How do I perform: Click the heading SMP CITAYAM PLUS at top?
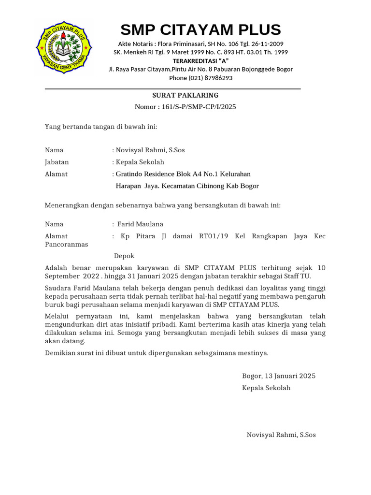click(200, 30)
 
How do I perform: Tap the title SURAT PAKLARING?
click(185, 95)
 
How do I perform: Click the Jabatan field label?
click(57, 162)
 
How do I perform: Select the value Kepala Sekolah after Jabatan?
click(140, 162)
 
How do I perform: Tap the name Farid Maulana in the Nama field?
click(141, 224)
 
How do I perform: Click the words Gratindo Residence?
click(143, 174)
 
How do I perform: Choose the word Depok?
click(124, 256)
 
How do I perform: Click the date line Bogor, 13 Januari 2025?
click(279, 376)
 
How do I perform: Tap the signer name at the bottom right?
click(281, 435)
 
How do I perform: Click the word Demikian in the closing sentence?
click(59, 353)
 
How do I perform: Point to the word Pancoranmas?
click(66, 244)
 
